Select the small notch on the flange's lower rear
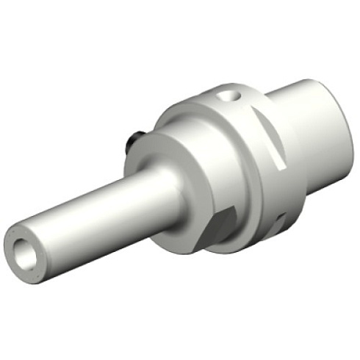282,219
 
